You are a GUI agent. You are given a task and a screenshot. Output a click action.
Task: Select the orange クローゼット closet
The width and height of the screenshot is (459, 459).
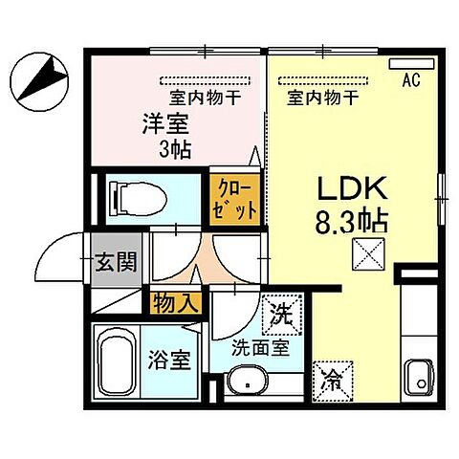click(234, 197)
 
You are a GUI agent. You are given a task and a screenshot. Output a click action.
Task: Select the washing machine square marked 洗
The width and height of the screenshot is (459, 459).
click(283, 311)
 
